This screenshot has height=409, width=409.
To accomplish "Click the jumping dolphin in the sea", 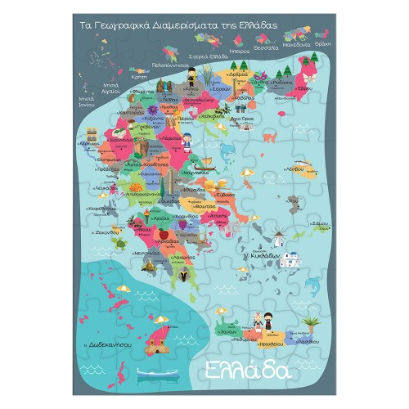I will tap(314, 283).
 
